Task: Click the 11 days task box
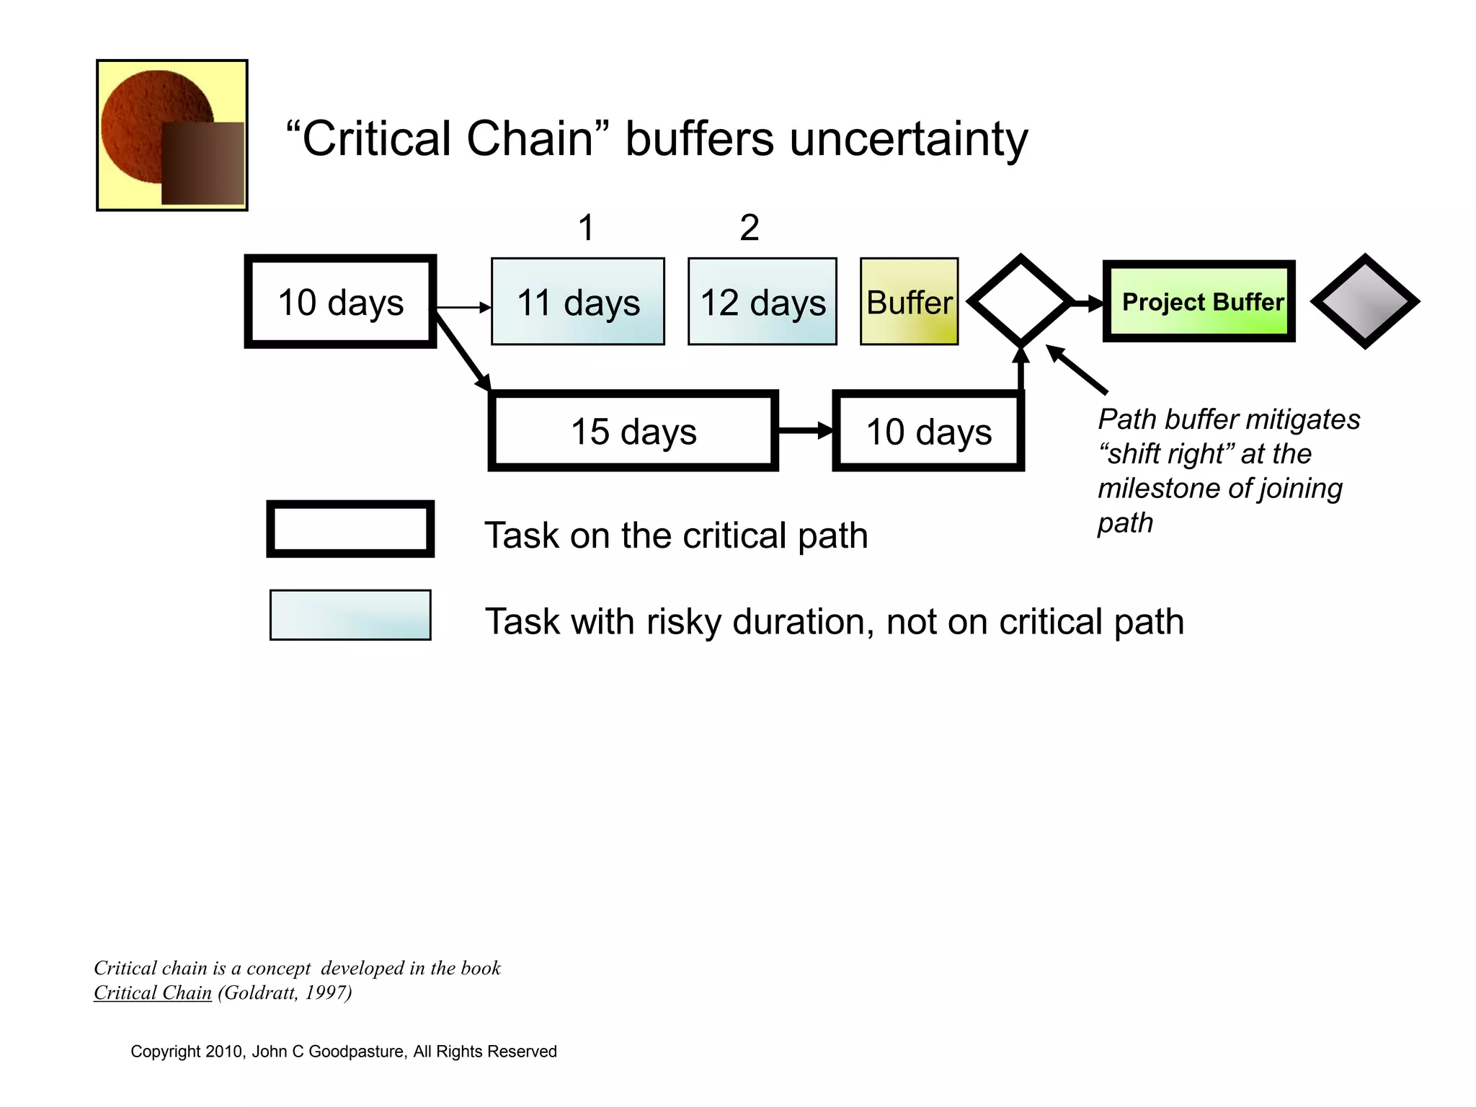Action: (577, 301)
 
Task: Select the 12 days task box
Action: (762, 301)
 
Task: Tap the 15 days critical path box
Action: (633, 431)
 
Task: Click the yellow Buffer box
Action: (909, 301)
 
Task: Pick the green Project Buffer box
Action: (1199, 301)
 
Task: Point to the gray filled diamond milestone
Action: (1364, 301)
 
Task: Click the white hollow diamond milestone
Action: (1021, 301)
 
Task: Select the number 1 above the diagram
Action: (586, 228)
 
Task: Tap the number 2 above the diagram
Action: (749, 228)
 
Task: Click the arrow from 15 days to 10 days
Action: (804, 431)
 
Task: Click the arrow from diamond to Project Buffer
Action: (1087, 303)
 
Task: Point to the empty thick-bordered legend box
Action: (350, 529)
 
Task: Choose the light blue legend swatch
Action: (350, 615)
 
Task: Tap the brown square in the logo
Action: (203, 163)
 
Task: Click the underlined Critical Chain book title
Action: (153, 993)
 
